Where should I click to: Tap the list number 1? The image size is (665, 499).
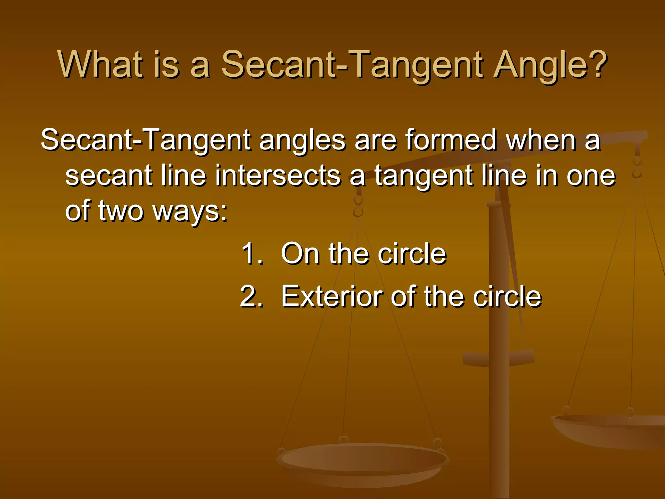[252, 253]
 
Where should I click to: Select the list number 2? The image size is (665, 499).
[252, 296]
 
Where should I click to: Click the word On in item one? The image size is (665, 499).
[300, 253]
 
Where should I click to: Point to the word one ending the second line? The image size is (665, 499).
[591, 176]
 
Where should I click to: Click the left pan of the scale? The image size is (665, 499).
[362, 461]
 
